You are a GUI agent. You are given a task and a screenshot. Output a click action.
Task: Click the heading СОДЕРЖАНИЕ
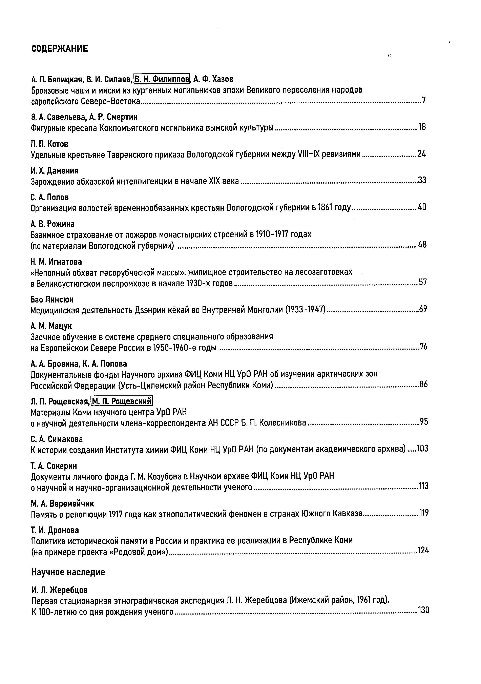[x=60, y=48]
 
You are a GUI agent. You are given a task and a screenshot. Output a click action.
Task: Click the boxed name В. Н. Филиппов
[x=162, y=79]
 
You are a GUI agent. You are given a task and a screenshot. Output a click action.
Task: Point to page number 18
[x=422, y=127]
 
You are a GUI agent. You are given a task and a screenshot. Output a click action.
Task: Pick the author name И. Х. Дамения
[x=55, y=171]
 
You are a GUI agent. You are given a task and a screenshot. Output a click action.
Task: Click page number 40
[x=422, y=207]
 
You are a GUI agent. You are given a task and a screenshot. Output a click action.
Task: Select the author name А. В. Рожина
[x=53, y=224]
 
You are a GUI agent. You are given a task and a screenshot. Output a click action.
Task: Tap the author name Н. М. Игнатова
[x=56, y=262]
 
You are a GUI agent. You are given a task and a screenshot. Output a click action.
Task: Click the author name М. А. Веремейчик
[x=62, y=503]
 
